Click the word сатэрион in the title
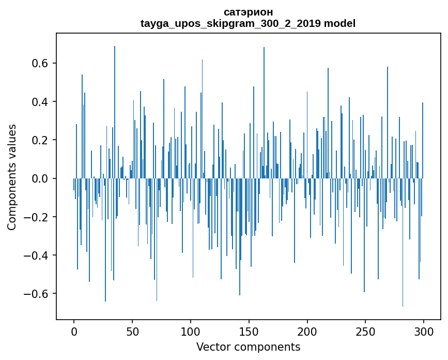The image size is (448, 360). [248, 12]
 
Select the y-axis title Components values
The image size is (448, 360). [12, 177]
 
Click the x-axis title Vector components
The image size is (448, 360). [248, 347]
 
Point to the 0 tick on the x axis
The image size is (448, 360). [74, 331]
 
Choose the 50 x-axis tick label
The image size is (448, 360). [132, 331]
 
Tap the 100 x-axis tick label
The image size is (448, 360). [191, 331]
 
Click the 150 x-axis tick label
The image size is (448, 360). [249, 331]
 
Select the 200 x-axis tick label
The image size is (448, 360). [307, 331]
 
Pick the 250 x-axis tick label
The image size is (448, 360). [366, 331]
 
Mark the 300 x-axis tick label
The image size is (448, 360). [424, 331]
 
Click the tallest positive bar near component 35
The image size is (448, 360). [115, 103]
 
